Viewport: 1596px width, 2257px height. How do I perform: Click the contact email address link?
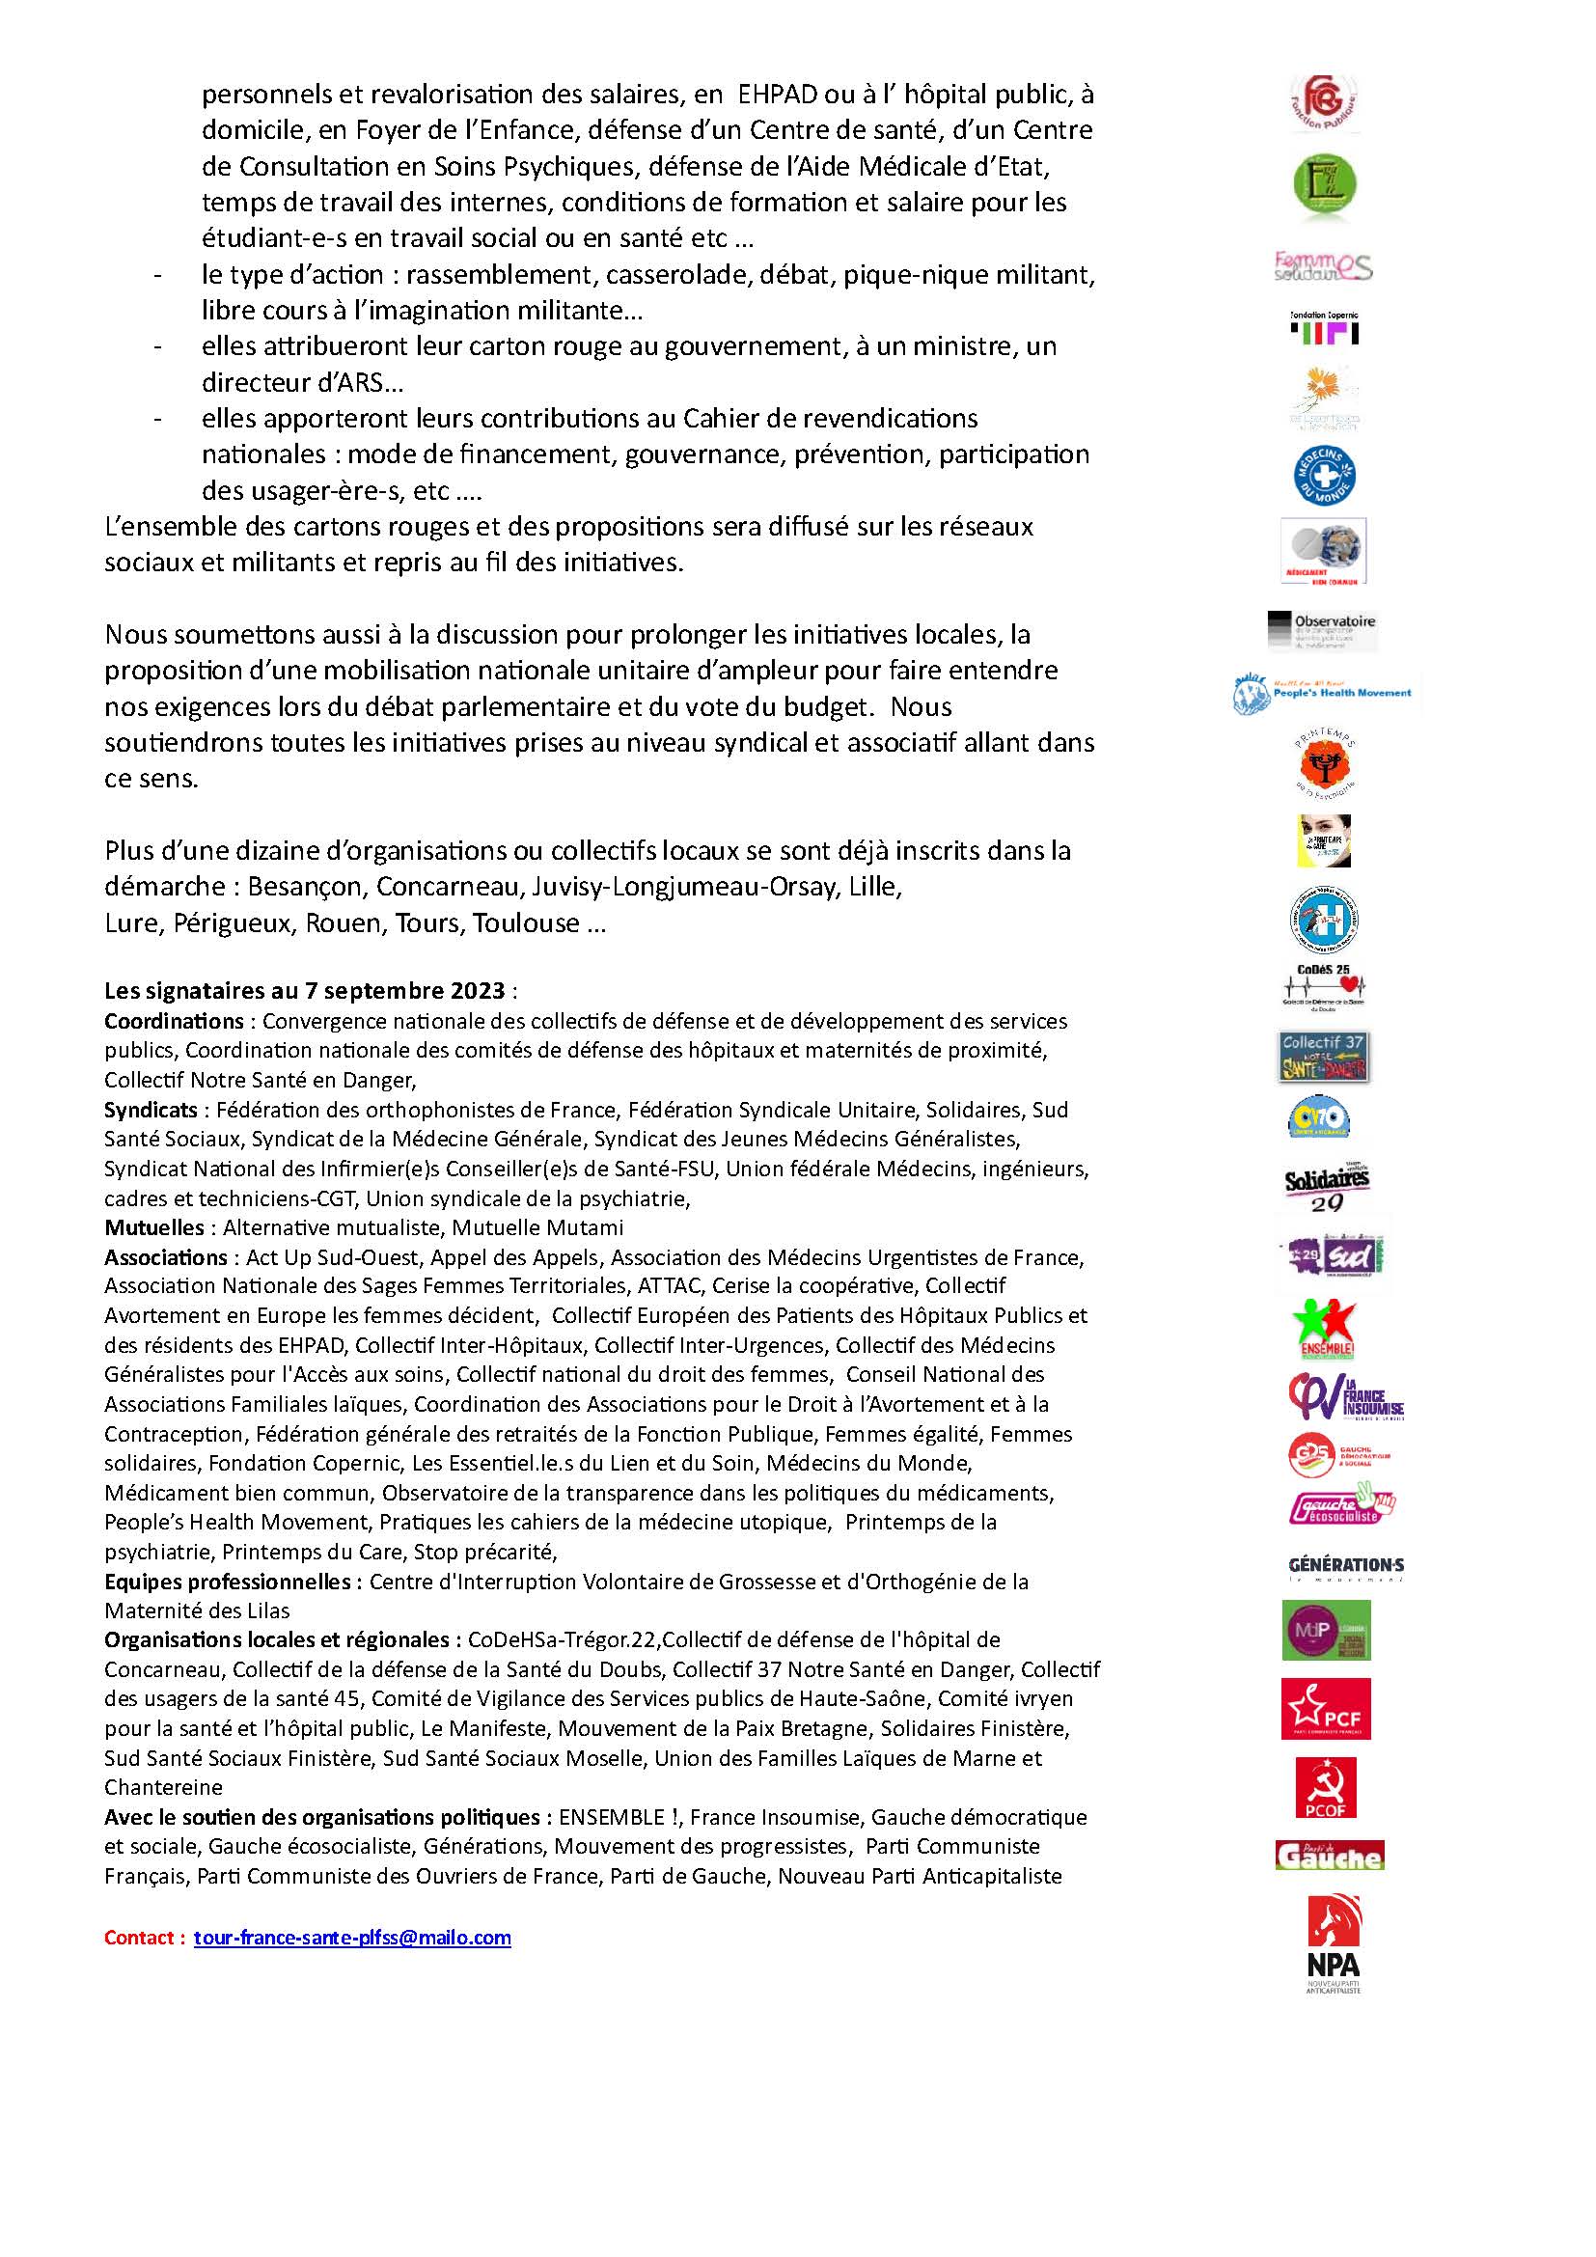pos(352,1938)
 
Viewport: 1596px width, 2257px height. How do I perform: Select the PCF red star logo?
pos(1326,1709)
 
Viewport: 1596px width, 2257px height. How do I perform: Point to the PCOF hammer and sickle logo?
pos(1326,1787)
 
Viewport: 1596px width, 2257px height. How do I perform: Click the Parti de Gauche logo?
pos(1329,1855)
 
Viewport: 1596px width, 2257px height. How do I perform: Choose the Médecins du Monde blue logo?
pos(1325,476)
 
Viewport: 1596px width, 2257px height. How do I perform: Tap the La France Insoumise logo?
pos(1344,1397)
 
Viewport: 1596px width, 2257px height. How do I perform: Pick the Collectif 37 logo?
pos(1325,1057)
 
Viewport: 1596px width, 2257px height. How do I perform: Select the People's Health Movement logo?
pos(1324,693)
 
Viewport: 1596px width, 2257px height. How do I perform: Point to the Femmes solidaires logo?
pos(1323,265)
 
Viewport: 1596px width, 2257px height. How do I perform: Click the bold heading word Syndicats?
pos(151,1110)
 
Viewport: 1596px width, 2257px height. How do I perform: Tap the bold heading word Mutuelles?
pos(153,1227)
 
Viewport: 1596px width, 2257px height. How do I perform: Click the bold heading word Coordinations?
pos(174,1021)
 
